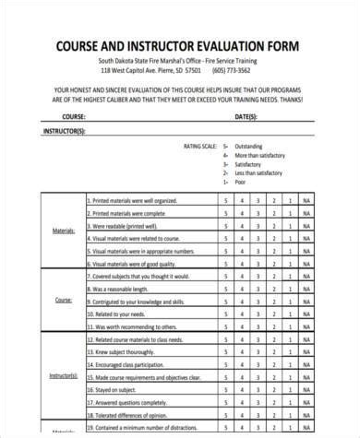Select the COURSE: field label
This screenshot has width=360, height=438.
(74, 117)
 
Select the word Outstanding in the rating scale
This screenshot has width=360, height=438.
(252, 146)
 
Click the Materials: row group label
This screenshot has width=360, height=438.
(64, 231)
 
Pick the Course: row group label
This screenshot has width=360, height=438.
(64, 300)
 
